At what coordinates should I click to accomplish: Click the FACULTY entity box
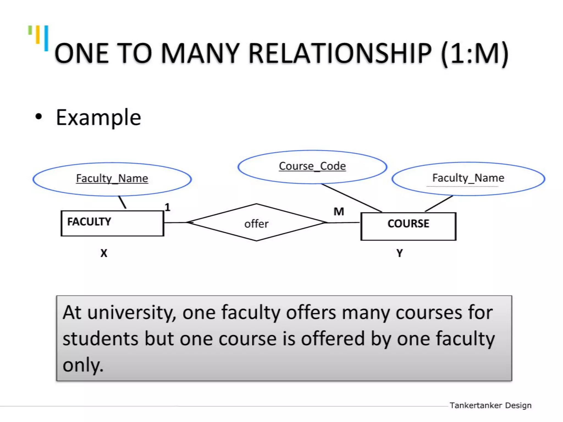(x=112, y=223)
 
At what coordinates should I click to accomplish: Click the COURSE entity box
(x=408, y=226)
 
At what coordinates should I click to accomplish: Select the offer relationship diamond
(x=256, y=223)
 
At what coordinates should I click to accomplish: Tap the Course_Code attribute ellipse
(x=312, y=166)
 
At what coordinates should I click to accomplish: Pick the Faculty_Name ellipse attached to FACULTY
(x=112, y=179)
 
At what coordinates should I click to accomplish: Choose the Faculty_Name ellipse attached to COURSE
(x=468, y=179)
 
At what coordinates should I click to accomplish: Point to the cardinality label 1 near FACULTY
(x=167, y=207)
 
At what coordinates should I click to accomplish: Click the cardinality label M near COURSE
(x=339, y=212)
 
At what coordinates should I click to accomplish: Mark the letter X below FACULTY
(x=104, y=253)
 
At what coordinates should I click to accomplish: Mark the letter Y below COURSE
(x=399, y=253)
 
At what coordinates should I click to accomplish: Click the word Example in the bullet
(x=98, y=118)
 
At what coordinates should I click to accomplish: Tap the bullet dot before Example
(x=39, y=116)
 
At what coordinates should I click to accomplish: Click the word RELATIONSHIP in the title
(x=340, y=53)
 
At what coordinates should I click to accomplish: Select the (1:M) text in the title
(x=475, y=53)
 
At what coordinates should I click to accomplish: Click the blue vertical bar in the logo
(x=46, y=38)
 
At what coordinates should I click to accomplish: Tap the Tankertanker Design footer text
(x=490, y=405)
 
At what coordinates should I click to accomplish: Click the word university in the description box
(x=131, y=313)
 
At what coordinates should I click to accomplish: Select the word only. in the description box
(x=83, y=365)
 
